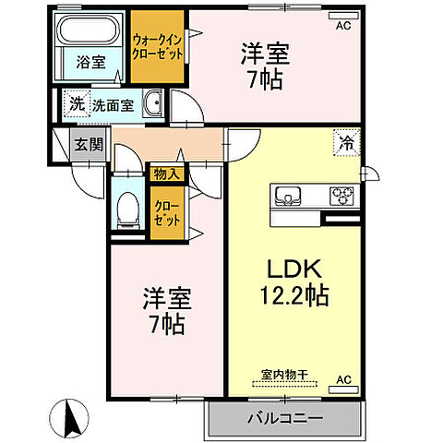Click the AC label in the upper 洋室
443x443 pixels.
coord(343,26)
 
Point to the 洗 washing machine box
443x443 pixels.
coord(74,103)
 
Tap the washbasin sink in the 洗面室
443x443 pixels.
coord(155,103)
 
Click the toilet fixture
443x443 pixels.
coord(127,208)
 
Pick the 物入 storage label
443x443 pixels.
coord(167,173)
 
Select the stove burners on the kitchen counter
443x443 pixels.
coord(341,196)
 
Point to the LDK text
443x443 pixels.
coord(293,269)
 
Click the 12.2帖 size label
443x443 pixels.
coord(293,297)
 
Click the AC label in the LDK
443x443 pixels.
coord(343,380)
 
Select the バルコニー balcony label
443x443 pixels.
coord(284,419)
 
